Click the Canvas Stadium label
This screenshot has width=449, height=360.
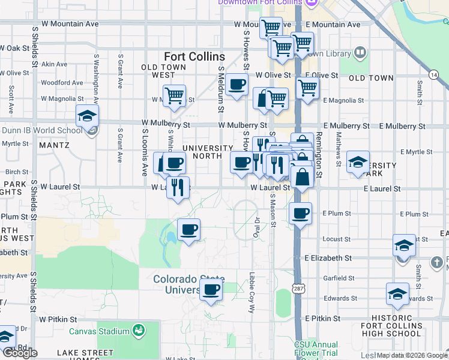[99, 331]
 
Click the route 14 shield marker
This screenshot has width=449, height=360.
[433, 74]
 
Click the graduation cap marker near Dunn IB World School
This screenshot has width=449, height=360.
[88, 116]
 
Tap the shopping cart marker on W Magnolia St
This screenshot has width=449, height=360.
[174, 95]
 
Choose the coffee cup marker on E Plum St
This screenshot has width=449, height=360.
[301, 213]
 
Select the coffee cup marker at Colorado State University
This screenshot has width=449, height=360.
[210, 290]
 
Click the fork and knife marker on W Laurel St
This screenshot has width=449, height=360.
[178, 188]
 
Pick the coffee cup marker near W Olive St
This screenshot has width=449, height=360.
[237, 85]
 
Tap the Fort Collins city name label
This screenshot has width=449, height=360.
[194, 57]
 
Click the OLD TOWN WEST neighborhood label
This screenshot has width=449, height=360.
[158, 71]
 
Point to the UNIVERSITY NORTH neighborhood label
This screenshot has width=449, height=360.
[208, 152]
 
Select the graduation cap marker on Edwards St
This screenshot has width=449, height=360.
[397, 294]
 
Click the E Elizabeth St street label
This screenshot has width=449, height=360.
[328, 258]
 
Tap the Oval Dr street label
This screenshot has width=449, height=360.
[256, 229]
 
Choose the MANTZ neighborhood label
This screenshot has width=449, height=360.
[54, 145]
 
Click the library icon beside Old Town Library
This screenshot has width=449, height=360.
[360, 53]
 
